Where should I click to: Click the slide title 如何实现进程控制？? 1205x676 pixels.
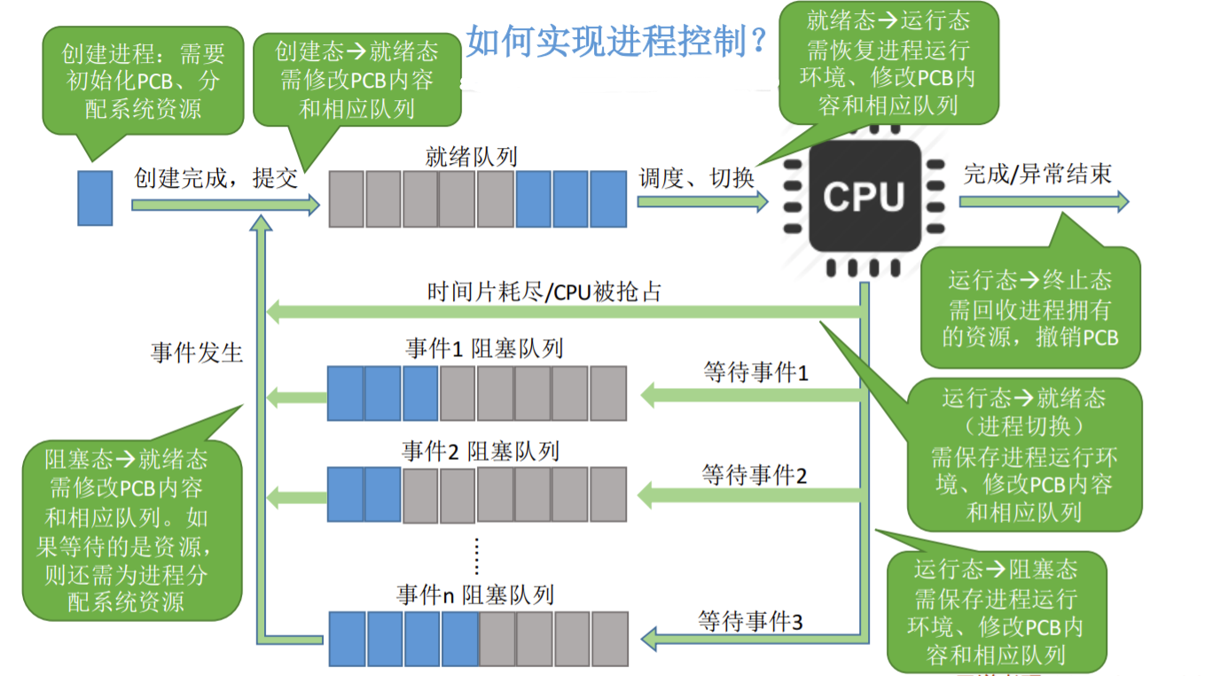tap(617, 41)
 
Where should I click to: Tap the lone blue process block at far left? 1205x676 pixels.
tap(95, 198)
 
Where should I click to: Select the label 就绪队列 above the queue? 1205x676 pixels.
tap(471, 157)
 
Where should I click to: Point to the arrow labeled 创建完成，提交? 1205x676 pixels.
tap(224, 206)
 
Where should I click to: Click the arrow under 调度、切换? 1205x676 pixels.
tap(701, 202)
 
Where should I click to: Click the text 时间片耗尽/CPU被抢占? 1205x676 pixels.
tap(544, 291)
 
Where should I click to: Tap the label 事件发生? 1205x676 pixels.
tap(197, 352)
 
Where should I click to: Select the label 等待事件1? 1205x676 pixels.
tap(755, 372)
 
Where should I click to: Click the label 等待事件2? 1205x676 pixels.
tap(755, 475)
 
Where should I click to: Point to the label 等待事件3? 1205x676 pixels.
tap(750, 621)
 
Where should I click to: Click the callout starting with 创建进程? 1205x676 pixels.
tap(143, 81)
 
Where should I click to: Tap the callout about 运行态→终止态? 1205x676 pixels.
tap(1030, 308)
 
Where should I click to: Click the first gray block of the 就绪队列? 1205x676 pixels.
tap(347, 199)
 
